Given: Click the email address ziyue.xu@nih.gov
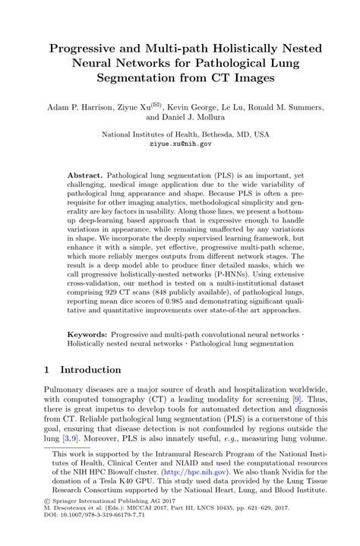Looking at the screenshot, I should pos(180,143).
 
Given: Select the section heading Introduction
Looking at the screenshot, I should pos(90,370).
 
